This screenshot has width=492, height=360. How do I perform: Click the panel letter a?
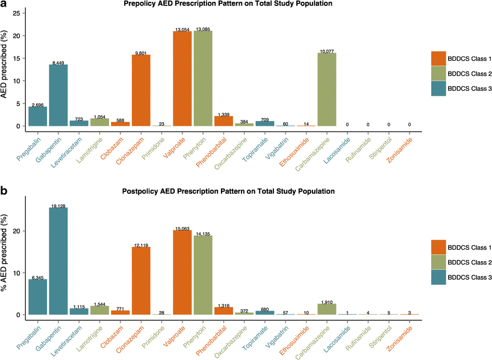[x=4, y=5]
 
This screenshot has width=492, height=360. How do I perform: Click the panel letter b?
[x=4, y=193]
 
